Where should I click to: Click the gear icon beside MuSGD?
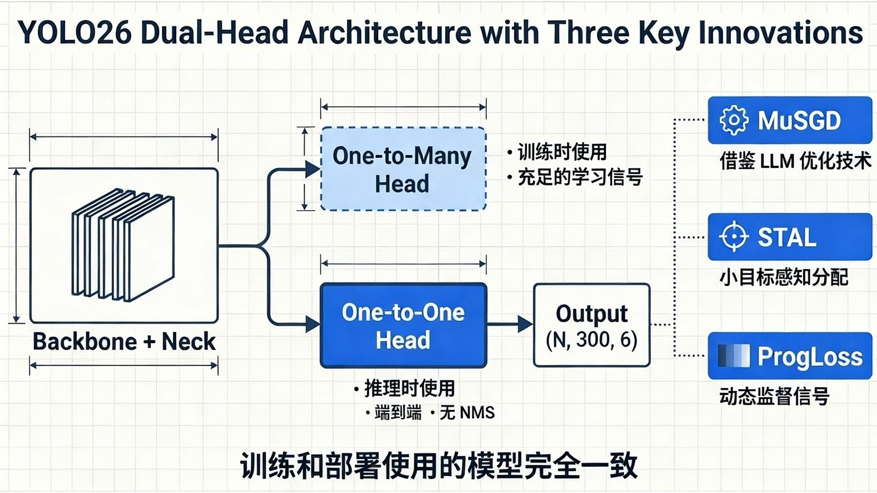pos(733,120)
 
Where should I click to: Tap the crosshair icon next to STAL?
pos(733,237)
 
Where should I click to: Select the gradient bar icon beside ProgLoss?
pos(733,356)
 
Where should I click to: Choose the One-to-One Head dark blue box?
pos(403,326)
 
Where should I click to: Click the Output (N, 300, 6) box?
pos(592,325)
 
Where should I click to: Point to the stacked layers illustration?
pos(123,245)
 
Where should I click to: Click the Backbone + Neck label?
pos(124,342)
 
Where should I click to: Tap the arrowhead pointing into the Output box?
pos(525,324)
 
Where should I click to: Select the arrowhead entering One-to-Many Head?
pos(312,169)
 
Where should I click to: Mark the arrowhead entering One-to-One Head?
pos(312,324)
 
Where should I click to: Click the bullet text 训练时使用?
pos(562,152)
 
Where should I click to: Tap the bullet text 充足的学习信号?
pos(580,177)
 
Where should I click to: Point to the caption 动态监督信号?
pos(774,396)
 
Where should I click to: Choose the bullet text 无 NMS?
pos(467,413)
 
